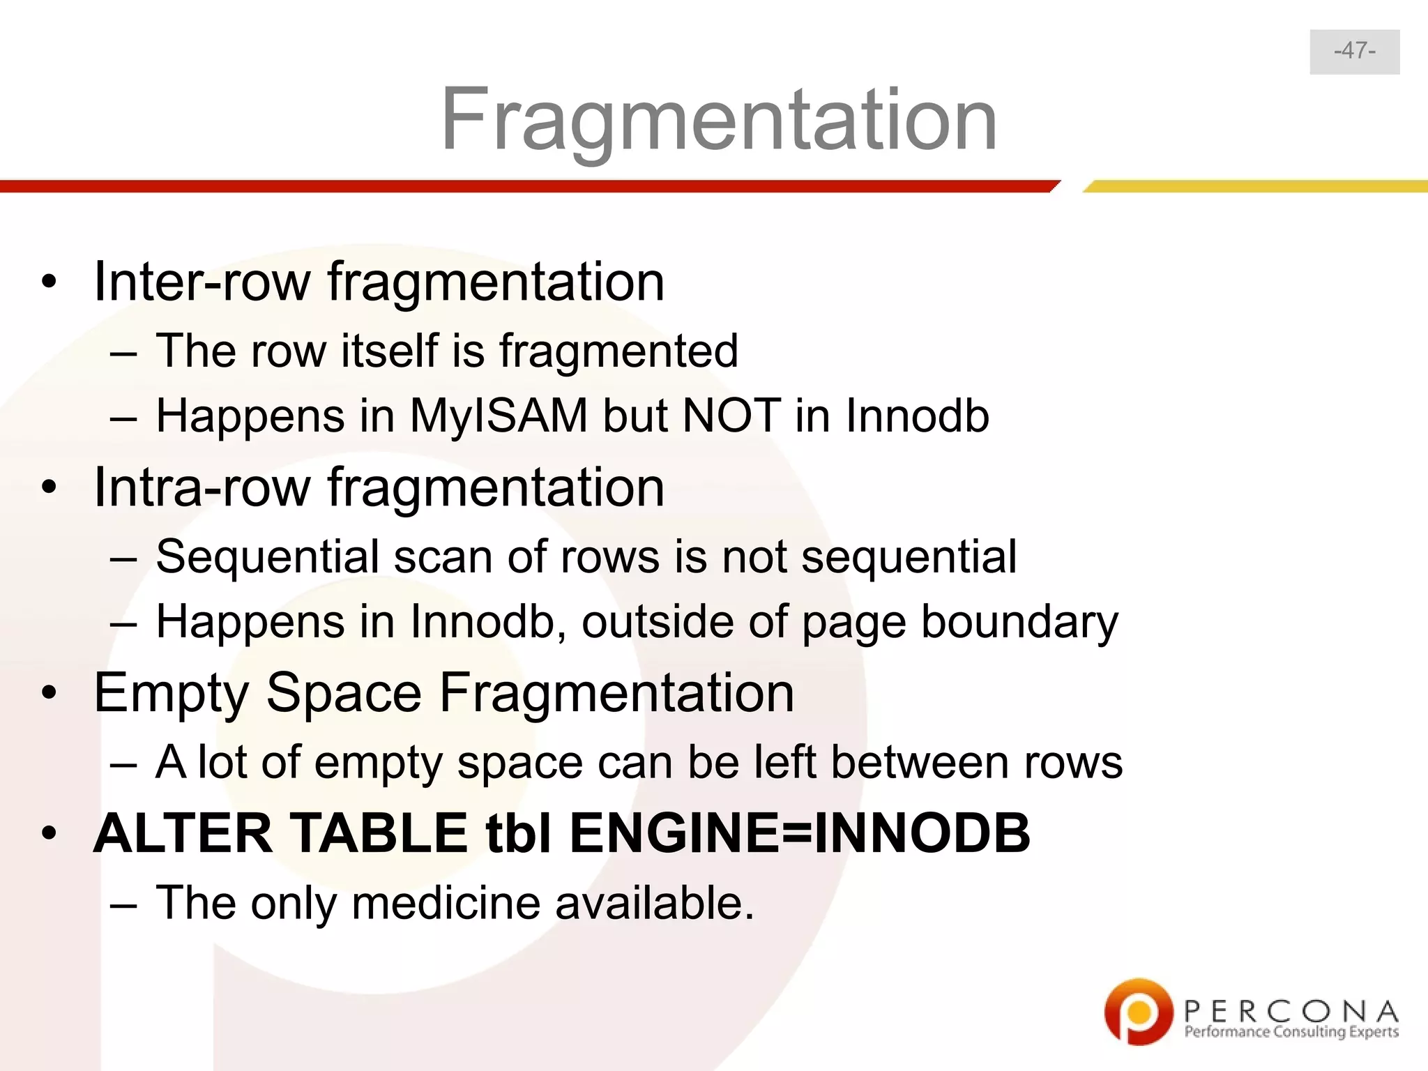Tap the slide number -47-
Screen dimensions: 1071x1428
click(1354, 51)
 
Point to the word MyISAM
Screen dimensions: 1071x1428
click(499, 416)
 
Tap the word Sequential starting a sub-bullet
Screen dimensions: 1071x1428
click(266, 557)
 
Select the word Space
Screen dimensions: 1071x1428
click(344, 693)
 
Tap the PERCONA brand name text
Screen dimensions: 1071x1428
click(1291, 1010)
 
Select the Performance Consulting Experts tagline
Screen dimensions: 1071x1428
click(1291, 1033)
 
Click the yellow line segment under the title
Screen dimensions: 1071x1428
click(1255, 186)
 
